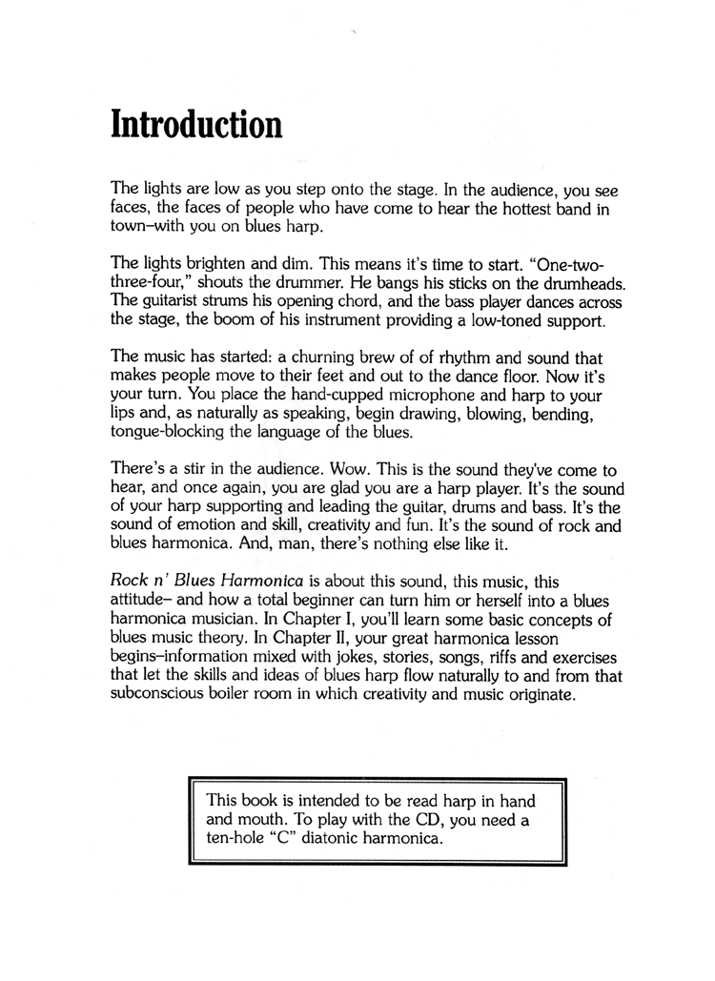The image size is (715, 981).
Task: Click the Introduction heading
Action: pos(196,124)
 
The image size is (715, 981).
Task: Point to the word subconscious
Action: pos(167,694)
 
